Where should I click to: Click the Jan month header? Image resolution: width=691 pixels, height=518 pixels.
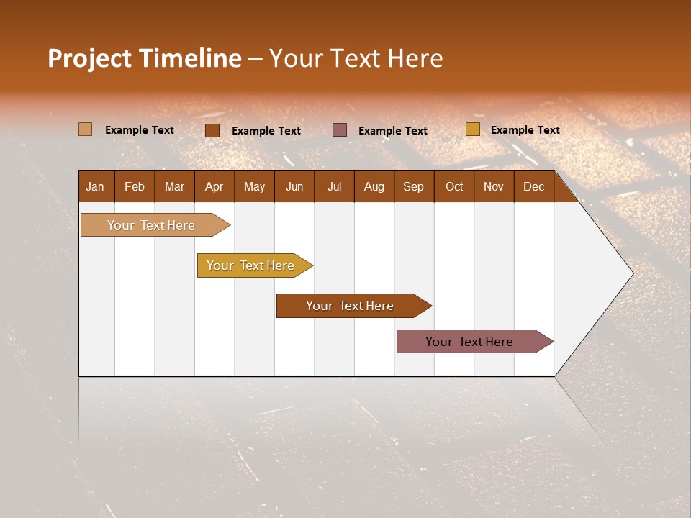95,186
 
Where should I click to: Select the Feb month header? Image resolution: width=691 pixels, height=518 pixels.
135,186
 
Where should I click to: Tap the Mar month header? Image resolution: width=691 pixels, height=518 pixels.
174,186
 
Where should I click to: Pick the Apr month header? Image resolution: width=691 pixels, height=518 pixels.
214,186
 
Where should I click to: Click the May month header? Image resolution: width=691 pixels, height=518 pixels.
254,186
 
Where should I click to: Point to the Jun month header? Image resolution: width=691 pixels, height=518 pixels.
294,186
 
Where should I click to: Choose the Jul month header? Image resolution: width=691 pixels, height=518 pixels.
334,186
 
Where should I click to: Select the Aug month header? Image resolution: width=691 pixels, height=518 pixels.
374,186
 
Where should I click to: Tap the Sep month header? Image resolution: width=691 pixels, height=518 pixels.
413,186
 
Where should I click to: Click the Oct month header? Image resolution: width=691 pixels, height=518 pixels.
454,186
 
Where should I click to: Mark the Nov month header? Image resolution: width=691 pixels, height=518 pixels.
494,186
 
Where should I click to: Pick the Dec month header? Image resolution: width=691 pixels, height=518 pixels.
533,186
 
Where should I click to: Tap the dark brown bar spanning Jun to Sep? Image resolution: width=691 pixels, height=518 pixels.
351,306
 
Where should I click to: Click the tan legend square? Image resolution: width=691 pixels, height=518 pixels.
85,129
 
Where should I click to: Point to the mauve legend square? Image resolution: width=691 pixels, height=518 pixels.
340,129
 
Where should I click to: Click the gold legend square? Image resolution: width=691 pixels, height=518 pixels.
472,129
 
